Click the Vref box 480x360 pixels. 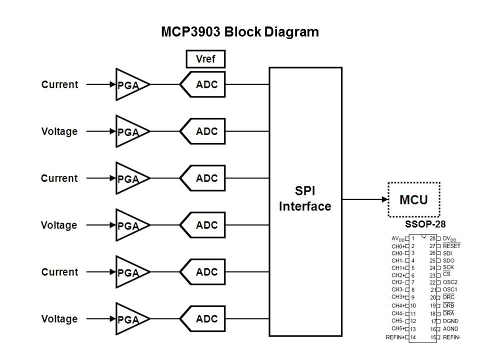205,59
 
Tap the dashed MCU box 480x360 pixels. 414,199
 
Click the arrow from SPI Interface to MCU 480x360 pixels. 365,199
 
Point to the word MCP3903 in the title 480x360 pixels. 191,32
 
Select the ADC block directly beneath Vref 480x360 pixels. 202,84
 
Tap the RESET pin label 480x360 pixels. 451,246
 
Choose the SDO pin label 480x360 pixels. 448,260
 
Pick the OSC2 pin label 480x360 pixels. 450,282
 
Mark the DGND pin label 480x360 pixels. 450,321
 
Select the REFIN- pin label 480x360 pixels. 451,337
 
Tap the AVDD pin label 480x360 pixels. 398,239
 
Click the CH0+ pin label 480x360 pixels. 398,246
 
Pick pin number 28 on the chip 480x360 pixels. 432,238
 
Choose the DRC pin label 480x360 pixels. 448,297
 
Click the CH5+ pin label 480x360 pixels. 398,328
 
